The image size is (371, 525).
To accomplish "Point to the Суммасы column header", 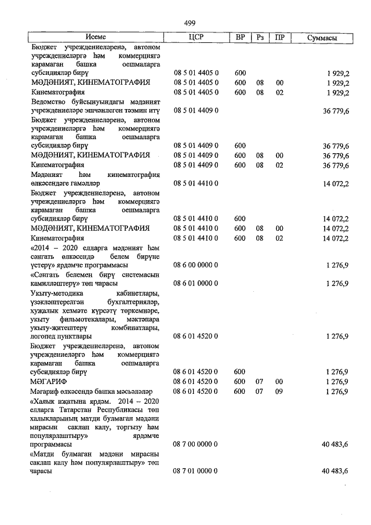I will click(x=322, y=38).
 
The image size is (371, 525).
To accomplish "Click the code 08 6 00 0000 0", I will click(x=195, y=265).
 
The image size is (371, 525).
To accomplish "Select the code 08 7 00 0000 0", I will click(x=195, y=444).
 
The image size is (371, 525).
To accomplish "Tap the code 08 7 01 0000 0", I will click(x=195, y=472).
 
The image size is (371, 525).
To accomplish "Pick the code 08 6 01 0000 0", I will click(x=195, y=284).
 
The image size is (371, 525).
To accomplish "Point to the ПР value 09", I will click(x=279, y=392).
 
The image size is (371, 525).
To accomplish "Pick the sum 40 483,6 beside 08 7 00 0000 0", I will click(x=334, y=444).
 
